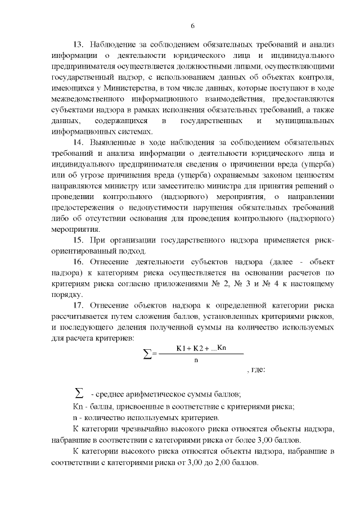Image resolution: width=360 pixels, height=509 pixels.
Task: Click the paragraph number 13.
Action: point(78,44)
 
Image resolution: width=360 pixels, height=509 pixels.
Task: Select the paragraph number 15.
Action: point(78,240)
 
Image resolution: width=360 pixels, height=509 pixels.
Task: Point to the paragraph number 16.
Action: point(78,262)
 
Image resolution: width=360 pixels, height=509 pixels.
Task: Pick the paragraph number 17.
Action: point(78,305)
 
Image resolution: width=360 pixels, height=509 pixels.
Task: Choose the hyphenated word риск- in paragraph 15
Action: point(323,240)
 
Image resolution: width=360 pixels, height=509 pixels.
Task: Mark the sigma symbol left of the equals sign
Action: point(148,353)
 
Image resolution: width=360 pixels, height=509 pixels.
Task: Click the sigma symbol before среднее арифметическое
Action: point(79,391)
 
